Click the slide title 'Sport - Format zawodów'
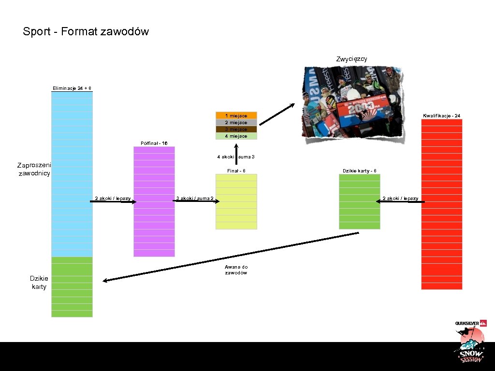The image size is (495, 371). [x=86, y=32]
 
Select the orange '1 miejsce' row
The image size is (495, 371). [x=236, y=115]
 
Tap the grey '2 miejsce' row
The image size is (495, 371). [x=236, y=122]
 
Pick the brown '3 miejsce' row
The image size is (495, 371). [x=236, y=129]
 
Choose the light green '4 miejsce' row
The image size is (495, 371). [x=236, y=136]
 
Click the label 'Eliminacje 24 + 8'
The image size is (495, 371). [x=72, y=88]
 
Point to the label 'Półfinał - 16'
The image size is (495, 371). [x=154, y=143]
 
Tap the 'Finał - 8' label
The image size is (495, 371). [x=236, y=171]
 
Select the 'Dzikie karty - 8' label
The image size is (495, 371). [x=359, y=171]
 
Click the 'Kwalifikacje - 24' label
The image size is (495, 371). [x=441, y=115]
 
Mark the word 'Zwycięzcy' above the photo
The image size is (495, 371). [x=351, y=59]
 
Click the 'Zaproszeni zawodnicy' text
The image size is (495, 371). [x=34, y=169]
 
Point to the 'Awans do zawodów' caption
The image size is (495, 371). [x=236, y=270]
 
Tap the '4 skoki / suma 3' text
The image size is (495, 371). [x=236, y=157]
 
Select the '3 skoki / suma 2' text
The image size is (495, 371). [x=195, y=198]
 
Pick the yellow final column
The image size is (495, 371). [x=236, y=213]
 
